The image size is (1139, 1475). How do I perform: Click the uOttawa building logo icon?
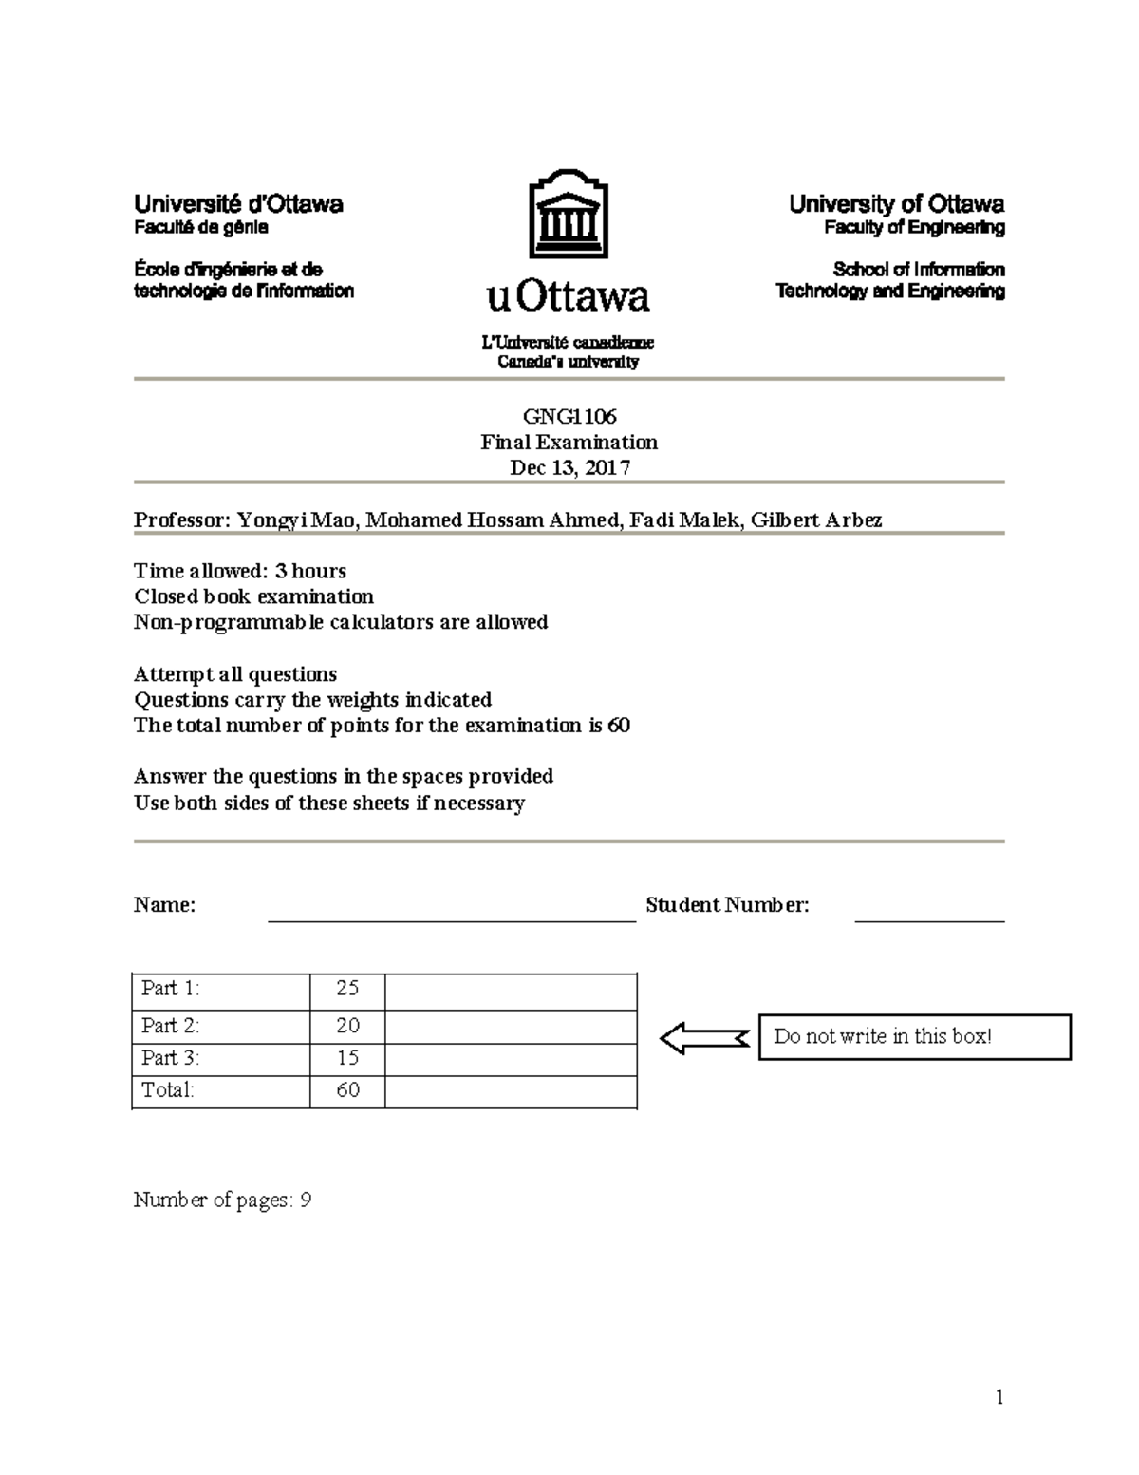(x=569, y=214)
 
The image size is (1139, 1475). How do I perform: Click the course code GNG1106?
(x=569, y=416)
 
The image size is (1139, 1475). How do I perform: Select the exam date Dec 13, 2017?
(x=569, y=467)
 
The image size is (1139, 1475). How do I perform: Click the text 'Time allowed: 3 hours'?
(x=240, y=571)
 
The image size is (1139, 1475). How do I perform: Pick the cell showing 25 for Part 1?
(x=347, y=989)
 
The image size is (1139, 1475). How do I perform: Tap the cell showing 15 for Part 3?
(x=347, y=1058)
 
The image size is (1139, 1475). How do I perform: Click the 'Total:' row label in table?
(x=168, y=1090)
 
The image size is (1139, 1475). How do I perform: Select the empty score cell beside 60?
(x=511, y=1091)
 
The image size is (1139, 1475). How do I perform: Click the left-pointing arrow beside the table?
(x=702, y=1037)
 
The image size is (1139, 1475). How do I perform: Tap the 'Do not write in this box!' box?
(x=914, y=1036)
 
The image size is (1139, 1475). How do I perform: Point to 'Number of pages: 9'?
(x=222, y=1201)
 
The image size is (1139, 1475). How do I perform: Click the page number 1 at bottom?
(x=999, y=1397)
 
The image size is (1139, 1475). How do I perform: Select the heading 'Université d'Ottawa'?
(x=238, y=204)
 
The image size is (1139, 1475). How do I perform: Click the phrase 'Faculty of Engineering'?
(x=914, y=228)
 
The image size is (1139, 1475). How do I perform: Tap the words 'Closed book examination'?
(x=253, y=596)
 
